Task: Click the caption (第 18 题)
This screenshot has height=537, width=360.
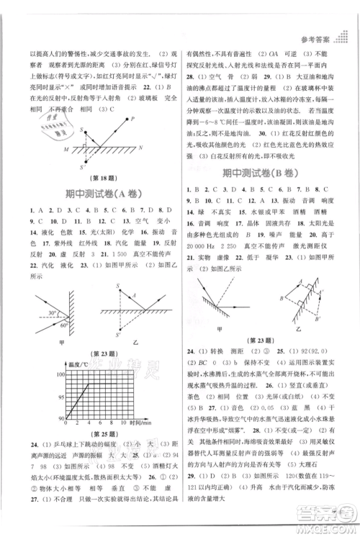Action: [91, 176]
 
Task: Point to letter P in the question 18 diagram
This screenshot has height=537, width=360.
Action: [133, 119]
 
